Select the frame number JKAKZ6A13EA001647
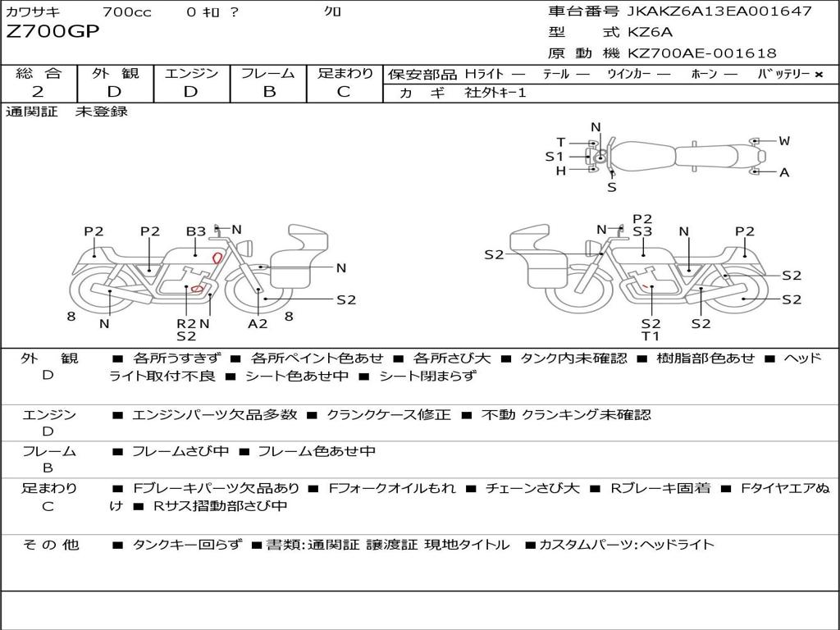719,11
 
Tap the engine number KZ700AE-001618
702,53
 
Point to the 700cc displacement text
126,11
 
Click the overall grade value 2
38,92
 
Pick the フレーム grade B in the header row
268,92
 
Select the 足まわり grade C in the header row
344,92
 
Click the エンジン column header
191,74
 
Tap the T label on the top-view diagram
561,143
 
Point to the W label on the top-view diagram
784,141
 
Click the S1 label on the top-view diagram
555,157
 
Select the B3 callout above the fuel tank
195,231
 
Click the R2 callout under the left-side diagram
186,323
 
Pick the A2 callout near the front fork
258,323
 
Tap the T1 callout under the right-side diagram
651,336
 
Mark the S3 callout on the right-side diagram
642,231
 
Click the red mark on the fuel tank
217,258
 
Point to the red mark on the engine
197,289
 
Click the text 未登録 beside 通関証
102,112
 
